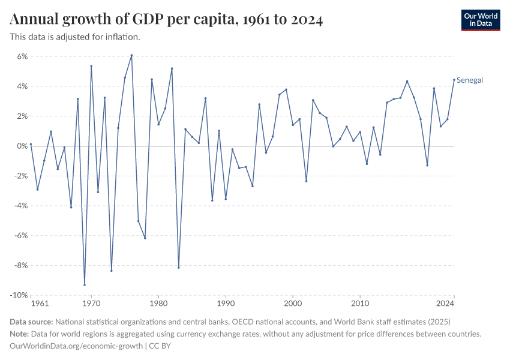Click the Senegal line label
coord(470,80)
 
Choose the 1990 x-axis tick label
coord(226,304)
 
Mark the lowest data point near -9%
coord(85,284)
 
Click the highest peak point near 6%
coord(131,55)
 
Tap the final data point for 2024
coord(454,80)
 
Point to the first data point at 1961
coord(31,144)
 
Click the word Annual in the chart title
coord(34,20)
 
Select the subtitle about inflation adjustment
coord(75,37)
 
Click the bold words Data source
coord(31,321)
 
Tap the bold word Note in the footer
coord(20,334)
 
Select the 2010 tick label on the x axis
coord(360,304)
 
